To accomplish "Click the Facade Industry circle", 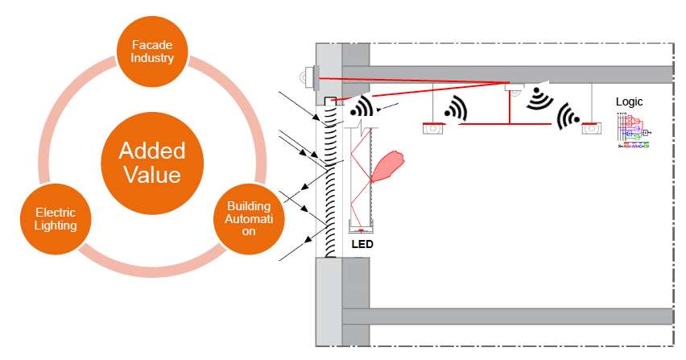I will coord(152,53).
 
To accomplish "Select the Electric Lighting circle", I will coord(56,219).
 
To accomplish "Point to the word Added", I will coord(152,151).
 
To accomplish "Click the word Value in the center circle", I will coord(152,175).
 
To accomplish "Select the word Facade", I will coord(152,45).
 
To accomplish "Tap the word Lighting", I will coord(56,226).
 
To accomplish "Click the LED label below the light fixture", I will coord(362,243).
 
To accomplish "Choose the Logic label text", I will coord(630,102).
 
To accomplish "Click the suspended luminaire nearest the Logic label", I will coord(591,127).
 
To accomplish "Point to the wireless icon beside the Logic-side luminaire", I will coord(569,117).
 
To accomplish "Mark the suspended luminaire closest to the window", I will coord(434,127).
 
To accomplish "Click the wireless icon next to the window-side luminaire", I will coord(456,110).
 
